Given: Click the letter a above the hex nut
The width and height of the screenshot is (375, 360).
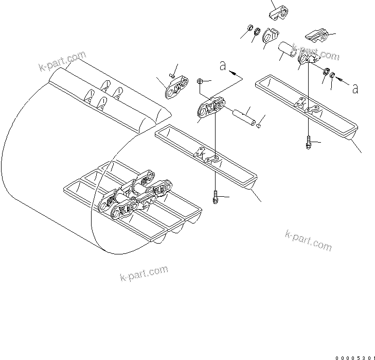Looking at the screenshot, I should (x=223, y=66).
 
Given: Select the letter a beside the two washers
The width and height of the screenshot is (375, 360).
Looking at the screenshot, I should (x=355, y=88).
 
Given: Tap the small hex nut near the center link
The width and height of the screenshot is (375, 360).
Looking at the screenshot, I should (x=201, y=81).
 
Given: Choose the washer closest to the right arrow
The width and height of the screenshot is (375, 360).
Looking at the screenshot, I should (x=333, y=77).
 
